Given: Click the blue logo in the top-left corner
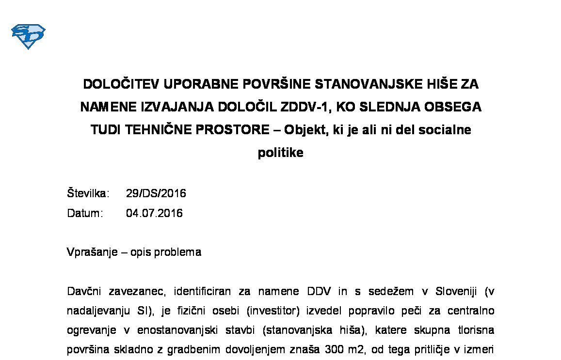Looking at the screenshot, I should (28, 36).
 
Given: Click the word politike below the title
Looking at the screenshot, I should (280, 153).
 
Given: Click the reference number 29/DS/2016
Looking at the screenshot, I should (156, 193).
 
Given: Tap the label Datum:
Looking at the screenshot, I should (85, 213).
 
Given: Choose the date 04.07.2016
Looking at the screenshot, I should (154, 213).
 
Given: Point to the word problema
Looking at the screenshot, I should (179, 252).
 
